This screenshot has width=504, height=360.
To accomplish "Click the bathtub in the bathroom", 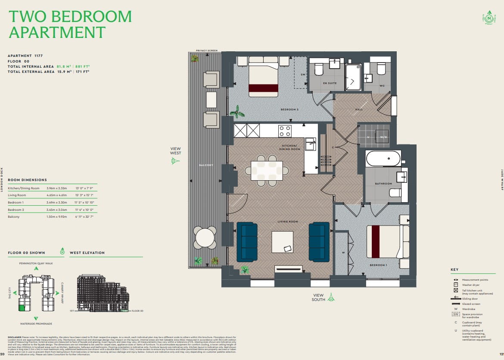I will point(383,159).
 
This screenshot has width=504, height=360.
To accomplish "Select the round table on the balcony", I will point(205,237).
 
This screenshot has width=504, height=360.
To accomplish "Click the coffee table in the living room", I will point(282,242).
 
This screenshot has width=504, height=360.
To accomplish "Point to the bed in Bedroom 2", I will point(263,79).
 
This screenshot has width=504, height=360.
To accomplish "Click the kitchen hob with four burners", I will point(285,131).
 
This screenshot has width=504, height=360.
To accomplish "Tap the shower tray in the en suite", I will point(353,77).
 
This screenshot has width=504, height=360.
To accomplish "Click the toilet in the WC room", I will point(381,69).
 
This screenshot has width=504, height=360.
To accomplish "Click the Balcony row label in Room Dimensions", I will point(14,216).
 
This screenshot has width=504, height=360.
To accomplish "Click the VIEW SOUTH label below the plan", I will point(319,297).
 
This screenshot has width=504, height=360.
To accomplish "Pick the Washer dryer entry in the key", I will point(471,285).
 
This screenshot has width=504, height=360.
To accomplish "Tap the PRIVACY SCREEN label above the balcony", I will point(206,50).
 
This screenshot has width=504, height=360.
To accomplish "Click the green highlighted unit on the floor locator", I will point(22,307).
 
